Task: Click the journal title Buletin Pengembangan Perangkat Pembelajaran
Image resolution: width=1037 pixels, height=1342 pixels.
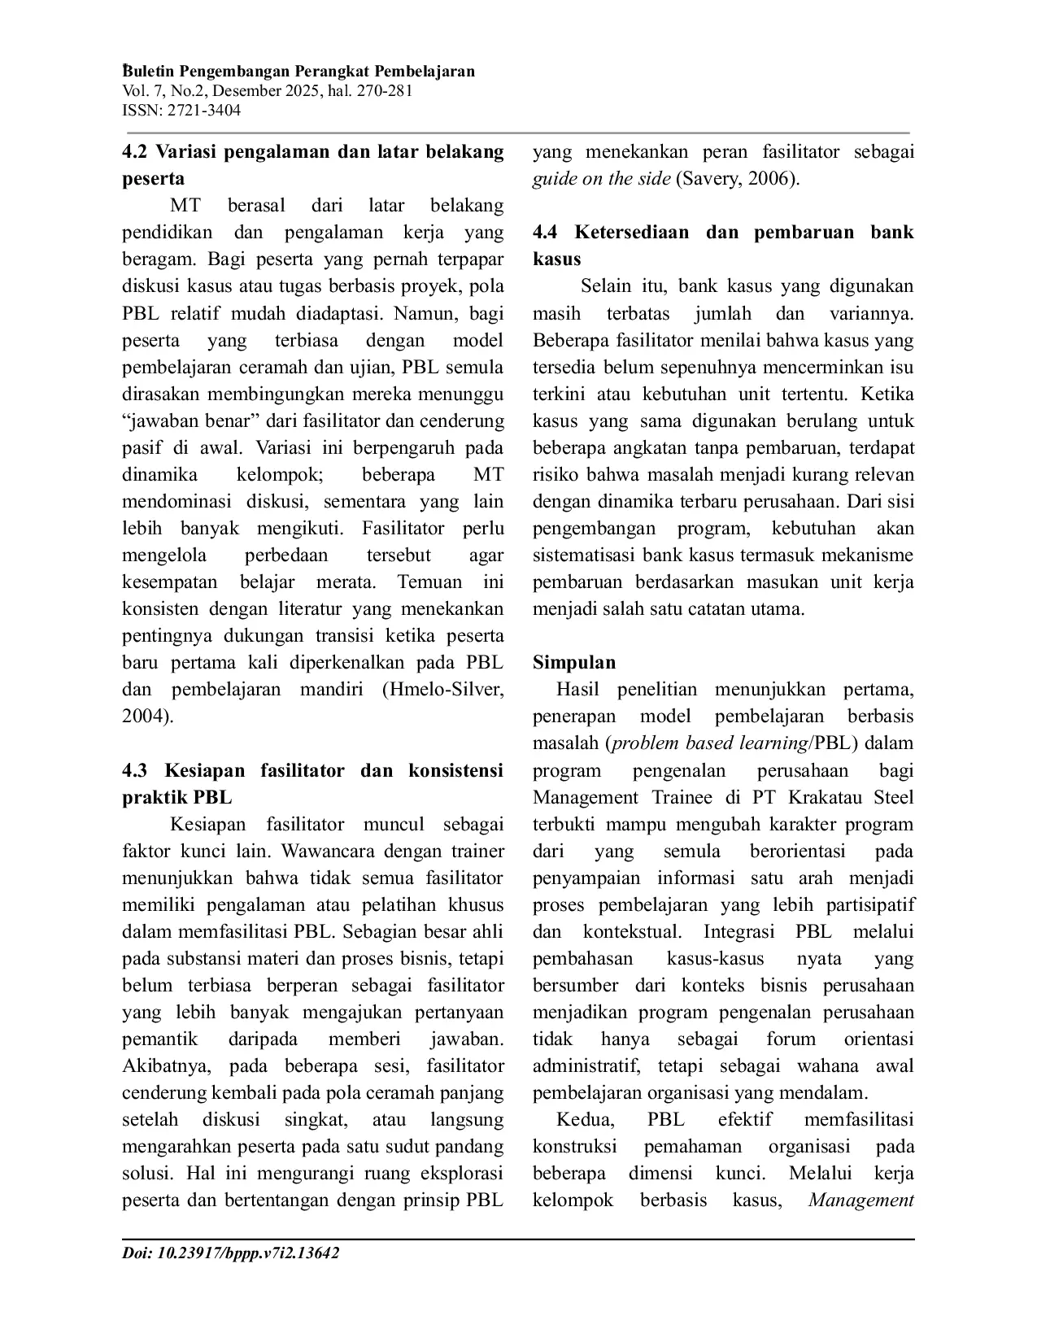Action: [298, 72]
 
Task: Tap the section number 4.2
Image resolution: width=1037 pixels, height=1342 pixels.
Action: [136, 151]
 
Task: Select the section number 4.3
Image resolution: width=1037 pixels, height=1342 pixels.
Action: [136, 770]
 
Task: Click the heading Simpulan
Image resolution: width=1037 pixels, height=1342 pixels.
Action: [574, 662]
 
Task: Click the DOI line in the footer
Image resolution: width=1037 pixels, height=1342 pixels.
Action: [230, 1253]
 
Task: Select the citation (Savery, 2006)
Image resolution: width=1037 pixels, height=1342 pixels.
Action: [738, 179]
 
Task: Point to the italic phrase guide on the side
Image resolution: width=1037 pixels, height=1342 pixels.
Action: [601, 179]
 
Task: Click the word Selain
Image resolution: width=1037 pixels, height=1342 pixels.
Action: [609, 286]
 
